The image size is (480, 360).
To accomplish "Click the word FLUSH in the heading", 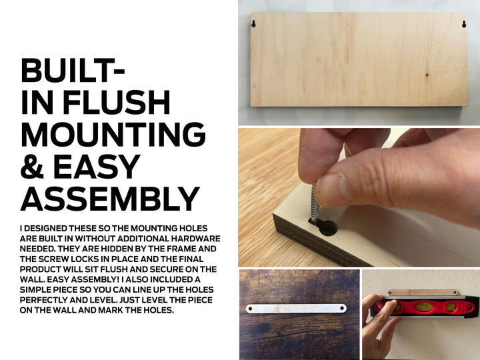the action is click(116, 102).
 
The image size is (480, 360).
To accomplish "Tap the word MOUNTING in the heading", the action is click(113, 135).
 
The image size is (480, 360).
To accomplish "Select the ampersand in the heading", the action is click(32, 166).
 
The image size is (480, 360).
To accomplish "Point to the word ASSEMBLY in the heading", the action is click(110, 199).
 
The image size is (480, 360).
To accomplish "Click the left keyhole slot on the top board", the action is click(253, 24).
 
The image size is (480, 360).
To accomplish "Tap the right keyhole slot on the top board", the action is click(464, 24).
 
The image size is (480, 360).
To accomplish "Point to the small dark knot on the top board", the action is click(427, 75).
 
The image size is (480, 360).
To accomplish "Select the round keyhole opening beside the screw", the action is click(328, 228).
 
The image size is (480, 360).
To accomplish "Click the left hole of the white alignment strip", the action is click(251, 309).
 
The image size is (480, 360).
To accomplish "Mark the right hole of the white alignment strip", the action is click(342, 308).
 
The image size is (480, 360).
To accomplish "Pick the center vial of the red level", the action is click(424, 307).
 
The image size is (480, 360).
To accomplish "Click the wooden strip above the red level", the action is click(423, 293).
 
